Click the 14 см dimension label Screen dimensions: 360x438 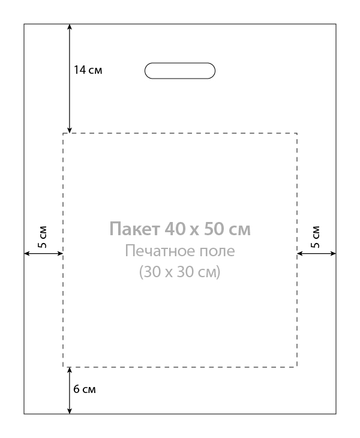point(88,70)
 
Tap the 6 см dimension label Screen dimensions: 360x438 point(85,389)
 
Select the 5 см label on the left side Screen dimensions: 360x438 point(43,237)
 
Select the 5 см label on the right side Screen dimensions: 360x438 point(315,237)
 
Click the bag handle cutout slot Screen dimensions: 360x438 point(180,63)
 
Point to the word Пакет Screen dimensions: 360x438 point(134,229)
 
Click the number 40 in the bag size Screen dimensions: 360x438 point(175,229)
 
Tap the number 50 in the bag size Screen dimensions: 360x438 point(214,229)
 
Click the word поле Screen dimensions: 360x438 point(217,251)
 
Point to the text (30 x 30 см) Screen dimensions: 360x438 point(180,272)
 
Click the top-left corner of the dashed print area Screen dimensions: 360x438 point(63,133)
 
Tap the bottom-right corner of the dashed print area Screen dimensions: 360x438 point(297,367)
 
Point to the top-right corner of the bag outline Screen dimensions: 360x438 point(336,24)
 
